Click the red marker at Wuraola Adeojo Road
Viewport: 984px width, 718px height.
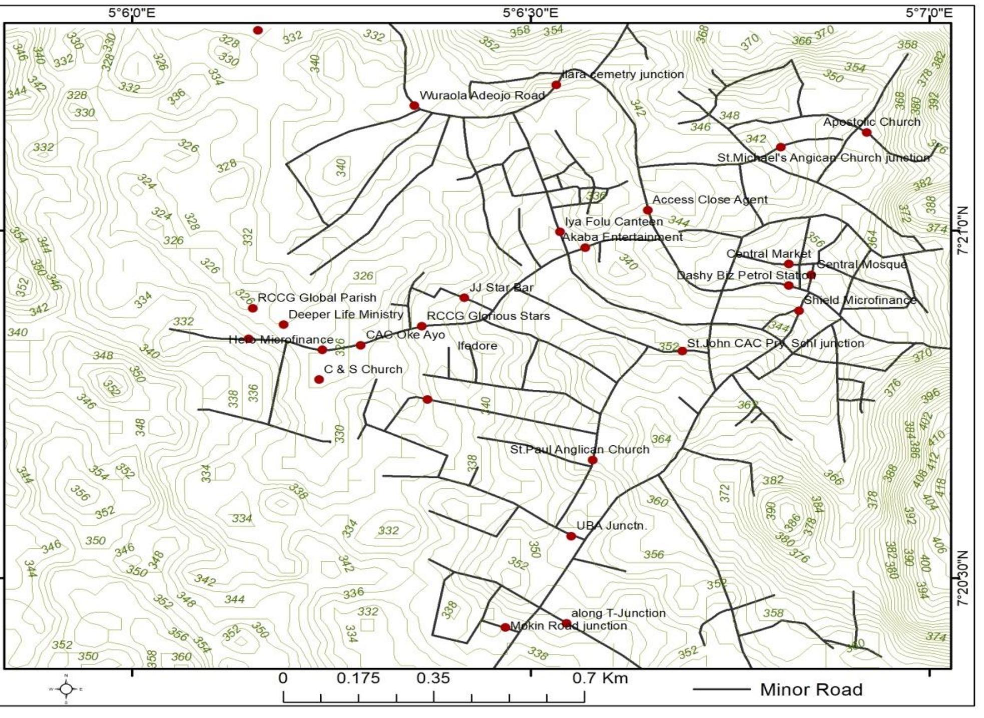click(x=414, y=106)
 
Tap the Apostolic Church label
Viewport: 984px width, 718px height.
click(x=871, y=122)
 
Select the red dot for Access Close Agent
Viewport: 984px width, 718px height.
click(x=648, y=210)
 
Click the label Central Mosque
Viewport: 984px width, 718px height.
click(x=861, y=264)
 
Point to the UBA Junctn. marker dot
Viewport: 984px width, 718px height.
click(x=571, y=536)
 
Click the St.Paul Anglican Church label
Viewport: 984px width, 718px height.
click(x=579, y=449)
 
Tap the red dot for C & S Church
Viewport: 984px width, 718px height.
click(x=319, y=379)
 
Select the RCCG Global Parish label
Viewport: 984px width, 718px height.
click(x=317, y=298)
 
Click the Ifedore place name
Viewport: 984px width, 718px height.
click(x=477, y=346)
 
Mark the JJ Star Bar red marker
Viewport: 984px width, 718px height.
click(x=464, y=298)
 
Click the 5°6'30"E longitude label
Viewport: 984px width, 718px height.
click(x=530, y=13)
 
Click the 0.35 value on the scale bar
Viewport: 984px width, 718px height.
click(x=433, y=679)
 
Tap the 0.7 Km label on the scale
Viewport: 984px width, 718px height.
click(x=600, y=679)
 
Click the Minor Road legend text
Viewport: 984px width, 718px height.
click(x=811, y=689)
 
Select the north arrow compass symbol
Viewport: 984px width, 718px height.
click(x=66, y=689)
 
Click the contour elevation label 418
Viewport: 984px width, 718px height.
click(x=940, y=487)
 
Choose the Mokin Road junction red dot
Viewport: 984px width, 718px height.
click(x=505, y=627)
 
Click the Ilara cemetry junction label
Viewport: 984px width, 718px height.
click(x=622, y=75)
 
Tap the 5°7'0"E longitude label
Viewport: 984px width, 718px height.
click(x=929, y=13)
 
